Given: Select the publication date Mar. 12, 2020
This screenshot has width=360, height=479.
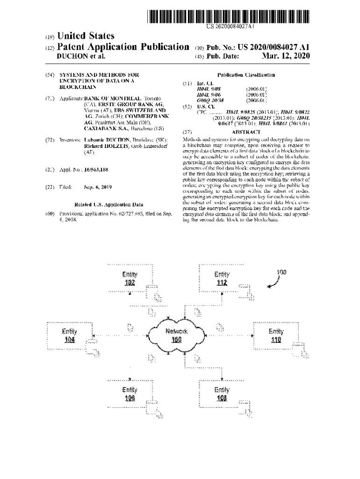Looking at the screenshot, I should click(x=285, y=56).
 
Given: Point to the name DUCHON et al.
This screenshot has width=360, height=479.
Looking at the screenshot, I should click(x=80, y=56).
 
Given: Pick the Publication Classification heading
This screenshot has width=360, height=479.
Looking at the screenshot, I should click(x=246, y=75).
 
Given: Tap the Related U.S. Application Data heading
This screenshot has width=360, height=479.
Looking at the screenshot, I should click(x=108, y=204).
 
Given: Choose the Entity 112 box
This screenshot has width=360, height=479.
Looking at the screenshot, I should click(x=222, y=279).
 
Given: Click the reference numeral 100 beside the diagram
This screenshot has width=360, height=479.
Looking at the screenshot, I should click(x=282, y=272).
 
